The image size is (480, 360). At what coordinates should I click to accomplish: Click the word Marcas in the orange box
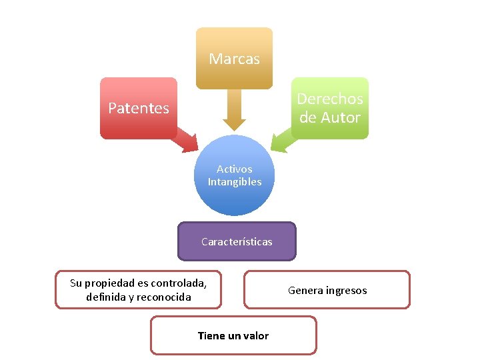(x=234, y=59)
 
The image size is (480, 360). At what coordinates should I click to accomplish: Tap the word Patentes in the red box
(x=139, y=108)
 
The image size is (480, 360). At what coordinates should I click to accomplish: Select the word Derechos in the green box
(x=329, y=99)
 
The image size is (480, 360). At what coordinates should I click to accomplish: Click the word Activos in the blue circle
(x=234, y=169)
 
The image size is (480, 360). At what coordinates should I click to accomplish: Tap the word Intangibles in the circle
(x=234, y=181)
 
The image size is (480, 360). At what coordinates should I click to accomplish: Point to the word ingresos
(x=346, y=290)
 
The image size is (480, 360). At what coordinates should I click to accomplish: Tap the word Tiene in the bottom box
(x=211, y=335)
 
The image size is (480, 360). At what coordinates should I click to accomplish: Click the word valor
(x=255, y=335)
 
